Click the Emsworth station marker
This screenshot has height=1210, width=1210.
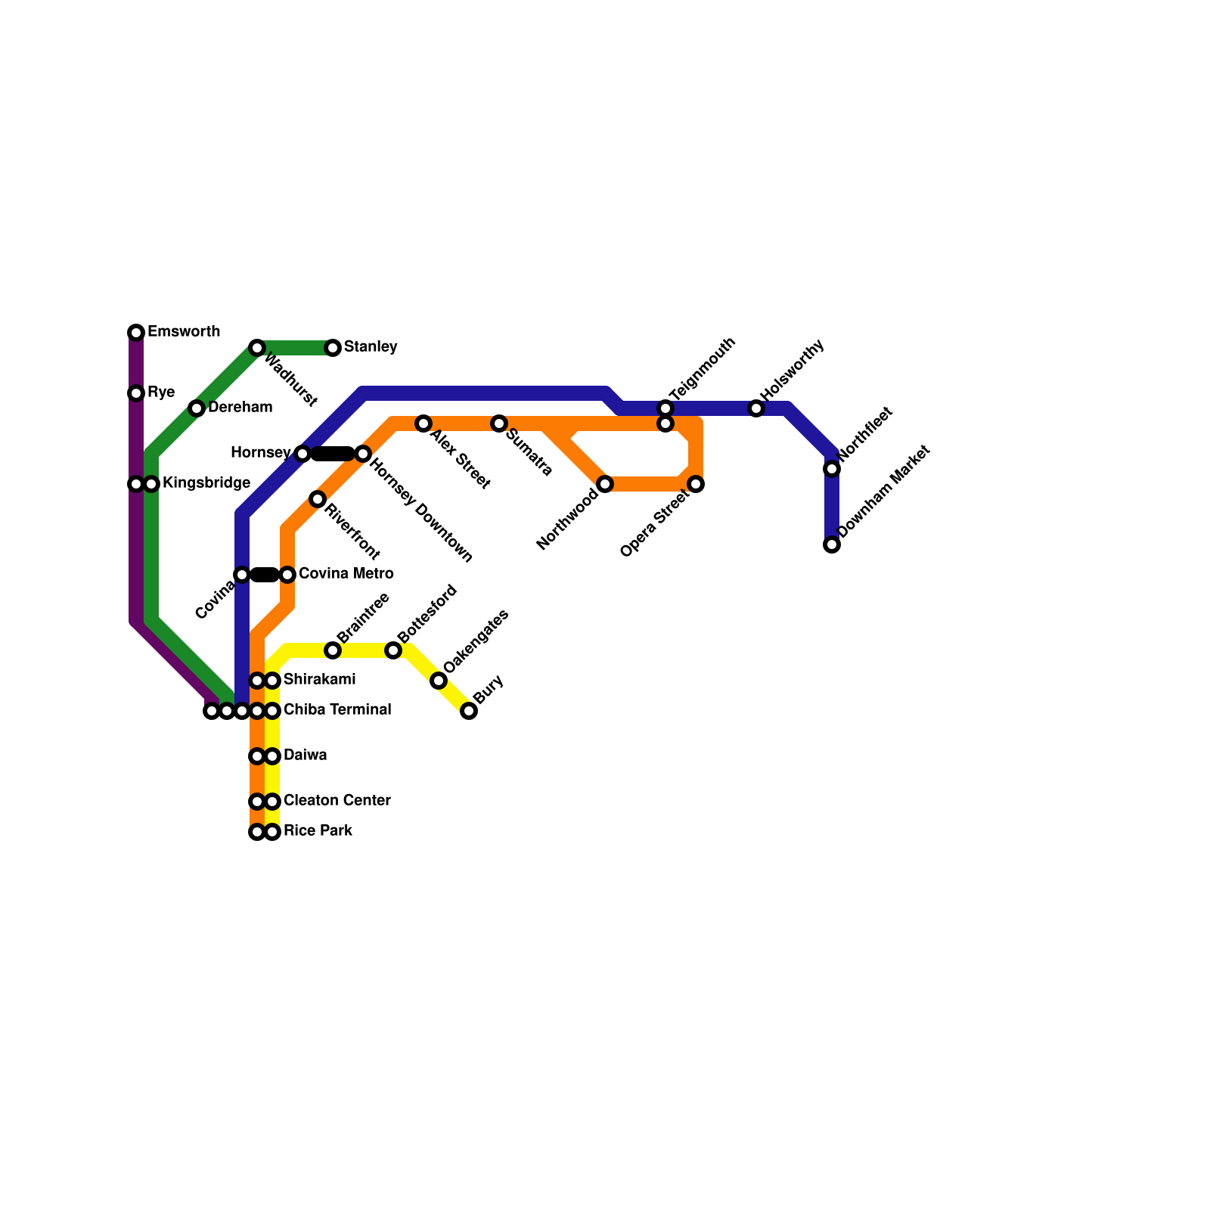point(136,333)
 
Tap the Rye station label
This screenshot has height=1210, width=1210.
point(161,392)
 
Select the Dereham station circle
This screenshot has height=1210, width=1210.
point(197,408)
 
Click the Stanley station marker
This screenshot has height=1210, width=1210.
point(333,348)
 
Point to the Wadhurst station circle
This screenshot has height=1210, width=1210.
point(257,348)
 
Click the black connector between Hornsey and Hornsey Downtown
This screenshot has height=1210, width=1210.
point(333,454)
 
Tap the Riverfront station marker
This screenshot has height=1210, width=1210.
point(318,499)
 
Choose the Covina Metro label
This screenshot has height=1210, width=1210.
point(346,574)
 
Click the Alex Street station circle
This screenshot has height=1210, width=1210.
point(423,423)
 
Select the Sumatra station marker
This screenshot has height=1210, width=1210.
point(499,423)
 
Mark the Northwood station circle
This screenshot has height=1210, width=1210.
point(605,484)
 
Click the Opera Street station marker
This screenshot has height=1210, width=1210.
point(697,484)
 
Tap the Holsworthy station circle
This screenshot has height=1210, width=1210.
point(756,408)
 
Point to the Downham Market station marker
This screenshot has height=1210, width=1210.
point(832,544)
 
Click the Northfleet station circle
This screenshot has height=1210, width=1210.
point(832,469)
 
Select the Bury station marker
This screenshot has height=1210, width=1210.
point(469,711)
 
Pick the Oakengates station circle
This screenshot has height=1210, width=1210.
point(439,681)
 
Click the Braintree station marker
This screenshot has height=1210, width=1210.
point(333,650)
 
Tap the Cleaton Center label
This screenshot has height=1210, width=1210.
point(337,801)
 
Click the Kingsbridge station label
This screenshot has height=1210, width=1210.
point(206,483)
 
